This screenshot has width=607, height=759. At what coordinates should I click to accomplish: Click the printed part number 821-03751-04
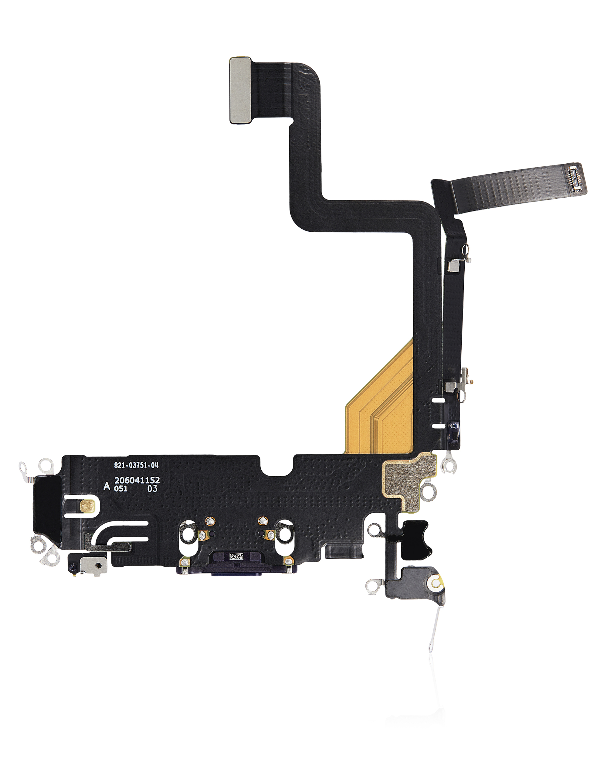pyautogui.click(x=136, y=465)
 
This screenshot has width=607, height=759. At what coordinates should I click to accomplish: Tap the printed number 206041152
pyautogui.click(x=137, y=480)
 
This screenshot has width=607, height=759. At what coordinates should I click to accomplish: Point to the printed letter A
pyautogui.click(x=106, y=487)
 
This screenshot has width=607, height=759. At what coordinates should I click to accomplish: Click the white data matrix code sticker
pyautogui.click(x=236, y=556)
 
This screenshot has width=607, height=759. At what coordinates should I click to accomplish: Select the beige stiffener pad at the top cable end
pyautogui.click(x=241, y=90)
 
